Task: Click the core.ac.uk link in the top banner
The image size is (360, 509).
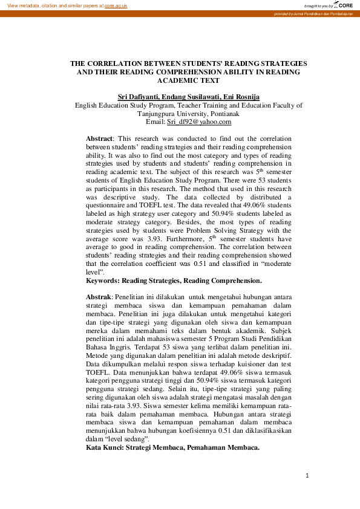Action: [x=116, y=5]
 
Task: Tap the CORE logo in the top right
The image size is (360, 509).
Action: [x=343, y=5]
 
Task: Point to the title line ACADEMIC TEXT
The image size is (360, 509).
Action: [x=188, y=80]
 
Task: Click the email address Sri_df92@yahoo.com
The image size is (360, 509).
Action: [x=199, y=122]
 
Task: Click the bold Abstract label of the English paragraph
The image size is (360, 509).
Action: [x=100, y=138]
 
